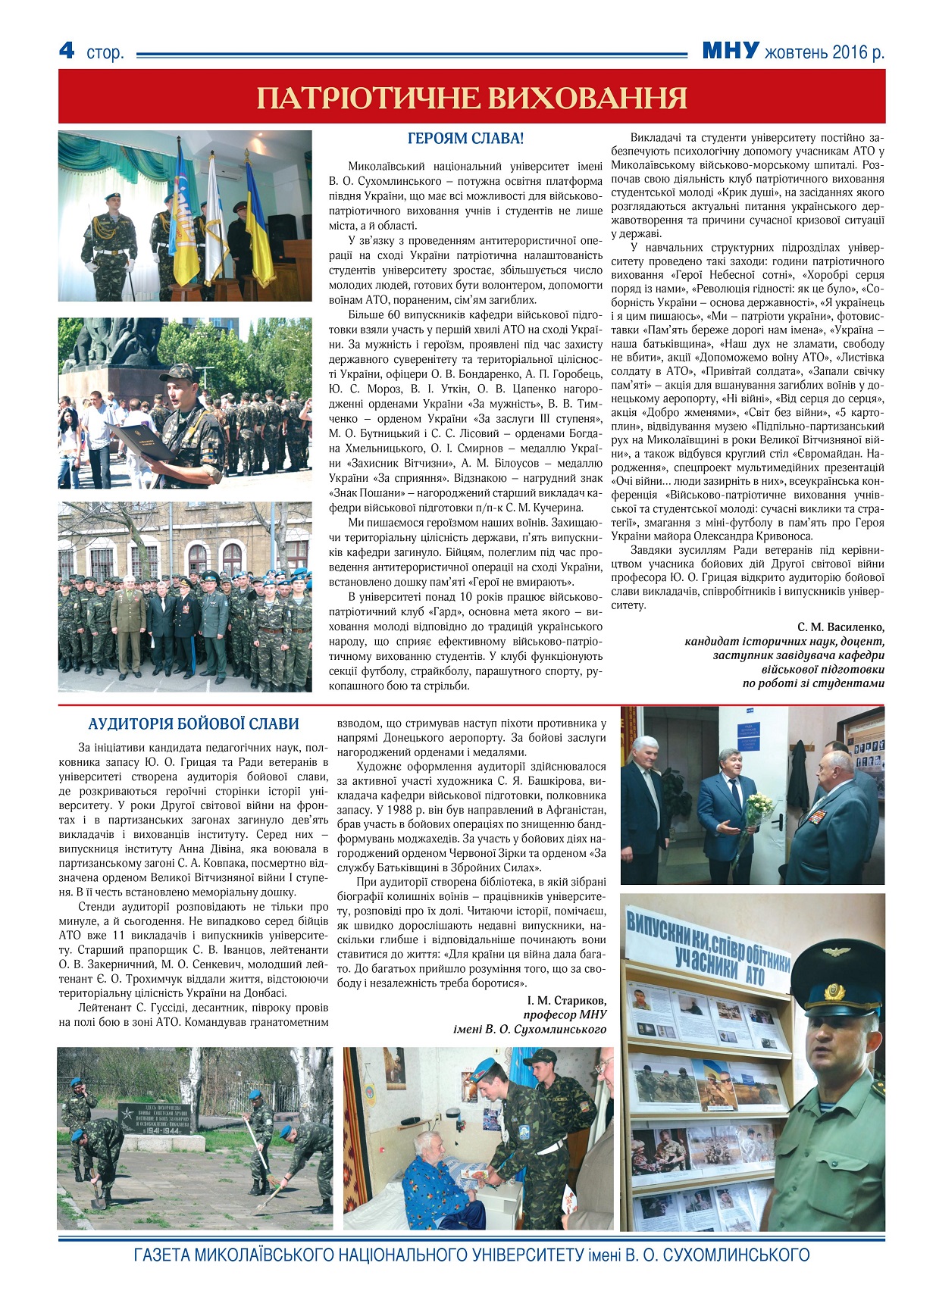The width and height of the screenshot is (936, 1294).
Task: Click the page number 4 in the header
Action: pos(67,50)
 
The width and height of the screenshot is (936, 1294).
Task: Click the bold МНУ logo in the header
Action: pos(730,51)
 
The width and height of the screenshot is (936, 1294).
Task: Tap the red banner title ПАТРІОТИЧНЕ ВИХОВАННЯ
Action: pos(471,98)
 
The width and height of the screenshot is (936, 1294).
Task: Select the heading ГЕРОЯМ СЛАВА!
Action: pos(465,139)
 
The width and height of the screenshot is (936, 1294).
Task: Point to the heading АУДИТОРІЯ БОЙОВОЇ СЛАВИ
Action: pos(193,724)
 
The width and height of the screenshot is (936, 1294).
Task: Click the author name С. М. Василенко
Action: pos(841,627)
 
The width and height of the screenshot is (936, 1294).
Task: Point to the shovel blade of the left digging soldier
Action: pos(98,1204)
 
